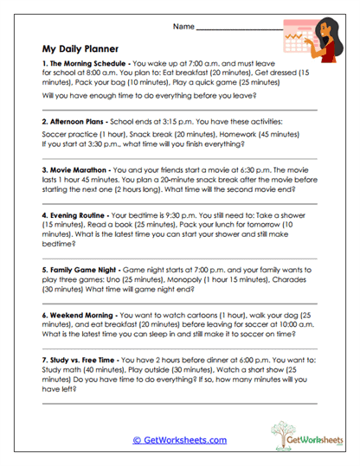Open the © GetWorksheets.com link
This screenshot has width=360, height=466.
(x=179, y=440)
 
